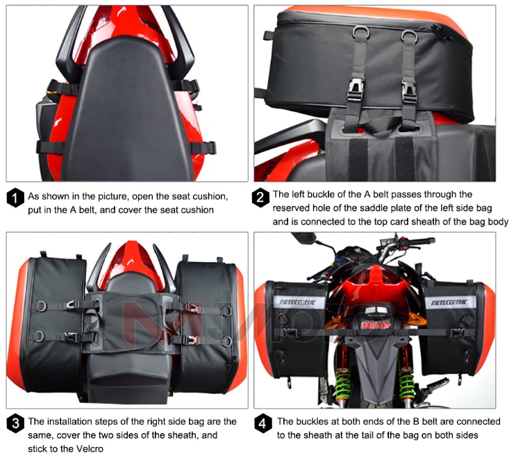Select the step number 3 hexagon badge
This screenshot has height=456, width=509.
click(15, 423)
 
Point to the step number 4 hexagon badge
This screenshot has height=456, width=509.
click(261, 423)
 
